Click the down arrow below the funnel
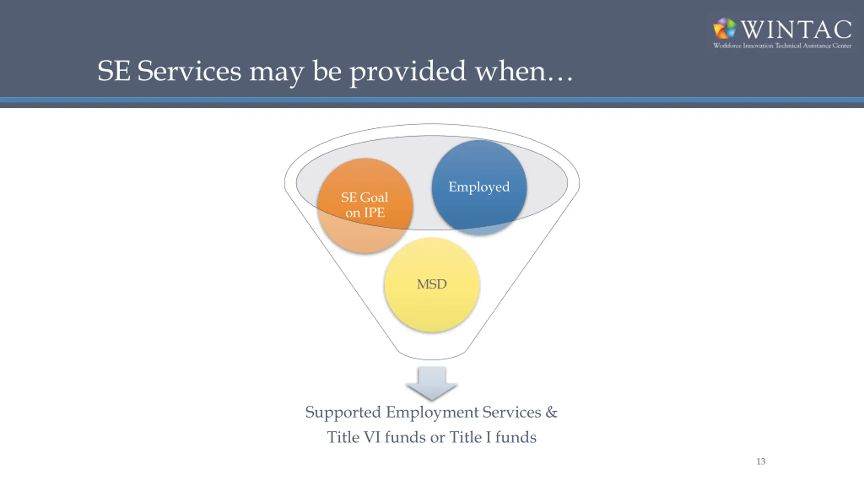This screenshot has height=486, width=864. tap(432, 383)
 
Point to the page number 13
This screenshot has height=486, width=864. tap(761, 461)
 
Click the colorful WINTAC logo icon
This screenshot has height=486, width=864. tap(725, 28)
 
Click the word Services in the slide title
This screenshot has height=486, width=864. tap(189, 71)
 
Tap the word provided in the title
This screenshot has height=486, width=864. tap(408, 72)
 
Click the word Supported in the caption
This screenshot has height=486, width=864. tap(343, 412)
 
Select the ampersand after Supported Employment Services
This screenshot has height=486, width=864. tap(551, 412)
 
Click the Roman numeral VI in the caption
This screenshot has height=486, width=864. tap(372, 437)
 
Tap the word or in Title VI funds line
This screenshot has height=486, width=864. tap(437, 438)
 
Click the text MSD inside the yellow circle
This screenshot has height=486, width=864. tap(432, 284)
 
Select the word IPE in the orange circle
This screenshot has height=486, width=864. tap(374, 213)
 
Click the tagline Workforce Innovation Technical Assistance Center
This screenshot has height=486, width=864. tap(782, 46)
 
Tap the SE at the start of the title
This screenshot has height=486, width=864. tap(114, 71)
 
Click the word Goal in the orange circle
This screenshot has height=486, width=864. tap(374, 197)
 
